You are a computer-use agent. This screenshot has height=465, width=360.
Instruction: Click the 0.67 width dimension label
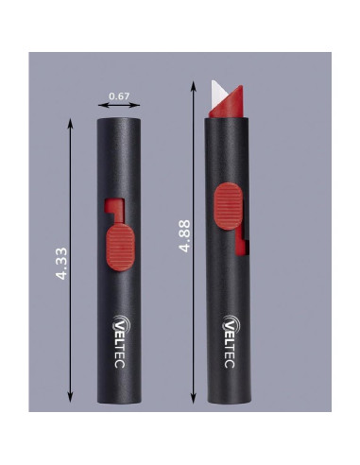(118, 96)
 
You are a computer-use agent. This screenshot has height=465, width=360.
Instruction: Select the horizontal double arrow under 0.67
(118, 108)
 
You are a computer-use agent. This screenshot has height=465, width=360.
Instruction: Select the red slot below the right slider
(247, 243)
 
